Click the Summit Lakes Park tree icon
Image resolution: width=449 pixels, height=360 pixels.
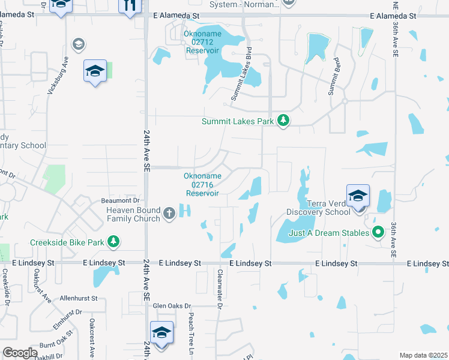(x=283, y=121)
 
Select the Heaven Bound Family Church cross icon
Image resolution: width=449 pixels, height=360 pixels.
(x=169, y=212)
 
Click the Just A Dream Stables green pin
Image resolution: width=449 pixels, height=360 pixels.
(x=378, y=232)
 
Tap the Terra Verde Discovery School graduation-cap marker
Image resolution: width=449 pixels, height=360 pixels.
(x=358, y=196)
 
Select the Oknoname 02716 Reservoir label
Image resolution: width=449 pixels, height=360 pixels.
(x=202, y=184)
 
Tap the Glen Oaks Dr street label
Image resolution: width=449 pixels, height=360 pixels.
(x=175, y=305)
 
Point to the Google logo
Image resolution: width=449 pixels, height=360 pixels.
(x=20, y=353)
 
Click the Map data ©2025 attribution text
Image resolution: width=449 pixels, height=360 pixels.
(x=423, y=355)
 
